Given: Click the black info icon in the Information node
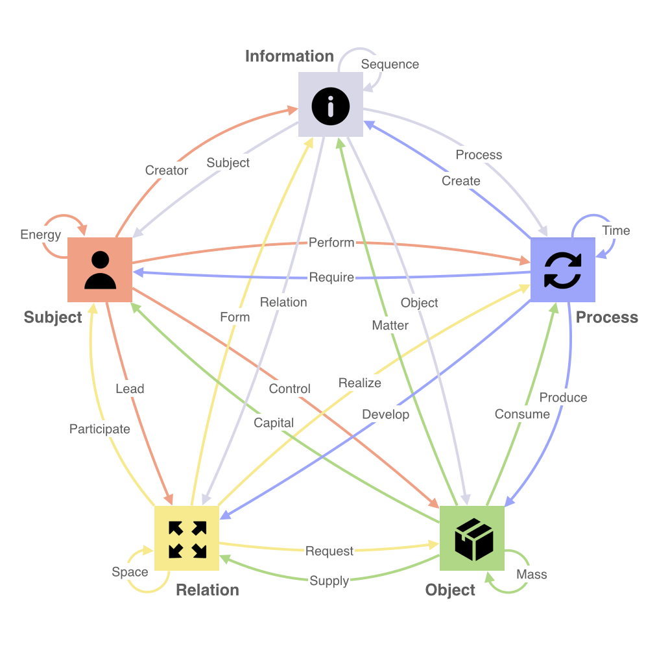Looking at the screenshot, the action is click(x=331, y=106).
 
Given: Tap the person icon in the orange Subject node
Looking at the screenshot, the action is click(x=100, y=270).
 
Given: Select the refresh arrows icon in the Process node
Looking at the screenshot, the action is click(x=563, y=270).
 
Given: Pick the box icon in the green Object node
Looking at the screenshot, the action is click(x=474, y=539).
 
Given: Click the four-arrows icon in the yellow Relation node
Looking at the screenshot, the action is click(x=187, y=540).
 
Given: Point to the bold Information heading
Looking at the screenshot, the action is click(x=289, y=56).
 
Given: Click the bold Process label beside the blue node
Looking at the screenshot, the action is click(x=607, y=317).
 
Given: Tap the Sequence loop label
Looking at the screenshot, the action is click(x=390, y=64).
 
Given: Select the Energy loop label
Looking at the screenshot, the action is click(x=41, y=235).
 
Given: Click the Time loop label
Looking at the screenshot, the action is click(x=616, y=230).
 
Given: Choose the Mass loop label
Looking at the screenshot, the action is click(x=532, y=574).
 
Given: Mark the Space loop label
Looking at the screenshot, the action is click(x=130, y=572).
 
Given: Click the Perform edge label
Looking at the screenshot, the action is click(x=331, y=243).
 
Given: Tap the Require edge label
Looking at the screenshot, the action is click(x=331, y=278).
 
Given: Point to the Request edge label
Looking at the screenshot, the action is click(x=329, y=551).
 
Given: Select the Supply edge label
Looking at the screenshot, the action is click(x=329, y=580).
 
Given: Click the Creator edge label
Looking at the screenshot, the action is click(x=167, y=171).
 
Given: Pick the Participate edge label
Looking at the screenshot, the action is click(x=100, y=429).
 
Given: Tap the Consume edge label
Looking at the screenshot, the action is click(x=522, y=414).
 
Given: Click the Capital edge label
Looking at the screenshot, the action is click(x=274, y=423).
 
